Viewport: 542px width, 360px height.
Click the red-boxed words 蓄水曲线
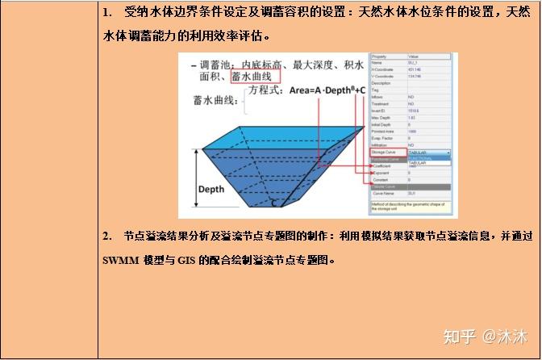point(255,77)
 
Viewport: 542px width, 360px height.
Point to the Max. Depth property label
point(382,117)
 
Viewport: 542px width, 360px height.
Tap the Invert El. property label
point(381,111)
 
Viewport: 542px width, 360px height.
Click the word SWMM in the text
point(118,261)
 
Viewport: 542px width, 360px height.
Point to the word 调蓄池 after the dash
point(217,64)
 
